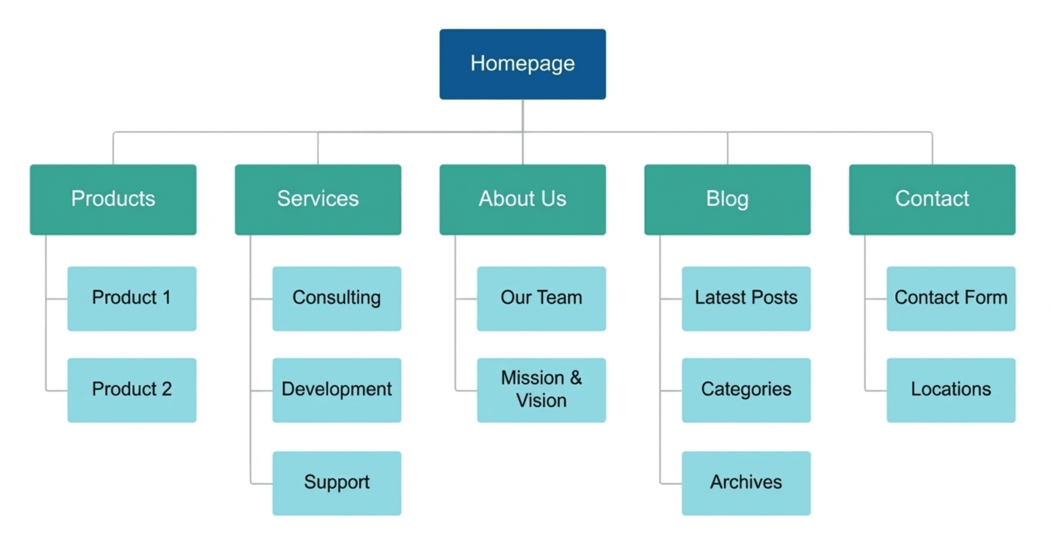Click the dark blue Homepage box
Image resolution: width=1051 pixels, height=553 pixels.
(x=522, y=64)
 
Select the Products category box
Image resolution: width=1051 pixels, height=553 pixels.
(x=113, y=199)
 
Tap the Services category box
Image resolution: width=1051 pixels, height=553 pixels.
(x=318, y=199)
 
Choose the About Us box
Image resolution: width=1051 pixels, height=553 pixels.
(x=522, y=199)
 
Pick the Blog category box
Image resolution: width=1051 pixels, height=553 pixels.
(x=727, y=199)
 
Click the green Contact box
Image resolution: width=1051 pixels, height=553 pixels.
(x=932, y=199)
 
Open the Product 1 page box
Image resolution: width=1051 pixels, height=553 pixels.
(x=132, y=298)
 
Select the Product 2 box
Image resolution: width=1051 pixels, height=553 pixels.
(x=132, y=390)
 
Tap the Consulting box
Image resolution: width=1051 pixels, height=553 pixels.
(x=336, y=298)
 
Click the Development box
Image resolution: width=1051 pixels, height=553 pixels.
(x=336, y=390)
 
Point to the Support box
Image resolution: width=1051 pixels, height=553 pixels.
(x=336, y=483)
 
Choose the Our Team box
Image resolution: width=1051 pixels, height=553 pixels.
(x=541, y=298)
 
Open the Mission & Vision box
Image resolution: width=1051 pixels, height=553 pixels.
(x=541, y=390)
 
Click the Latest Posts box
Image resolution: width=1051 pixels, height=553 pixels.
(x=746, y=298)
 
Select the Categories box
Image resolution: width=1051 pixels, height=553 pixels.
(x=746, y=390)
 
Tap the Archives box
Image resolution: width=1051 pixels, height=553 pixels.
(x=746, y=483)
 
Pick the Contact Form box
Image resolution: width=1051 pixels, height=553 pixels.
(x=950, y=298)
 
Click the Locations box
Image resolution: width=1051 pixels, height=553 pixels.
(x=950, y=390)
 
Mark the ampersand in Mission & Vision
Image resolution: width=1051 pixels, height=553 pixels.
(x=576, y=378)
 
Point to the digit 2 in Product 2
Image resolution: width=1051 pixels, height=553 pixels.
(x=167, y=389)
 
